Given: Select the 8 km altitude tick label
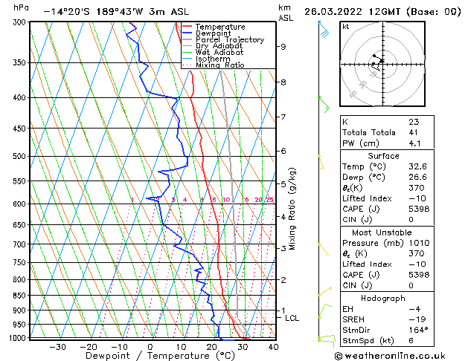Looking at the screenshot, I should [283, 82].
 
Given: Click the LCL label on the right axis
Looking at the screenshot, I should [292, 318].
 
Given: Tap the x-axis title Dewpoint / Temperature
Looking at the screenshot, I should [150, 357].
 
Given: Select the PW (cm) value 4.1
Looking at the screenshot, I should [414, 143].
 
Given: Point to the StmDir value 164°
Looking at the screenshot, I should [418, 330].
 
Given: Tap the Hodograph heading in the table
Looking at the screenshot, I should [383, 298].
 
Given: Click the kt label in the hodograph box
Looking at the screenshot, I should [346, 27].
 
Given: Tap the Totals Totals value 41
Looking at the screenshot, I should [412, 132].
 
